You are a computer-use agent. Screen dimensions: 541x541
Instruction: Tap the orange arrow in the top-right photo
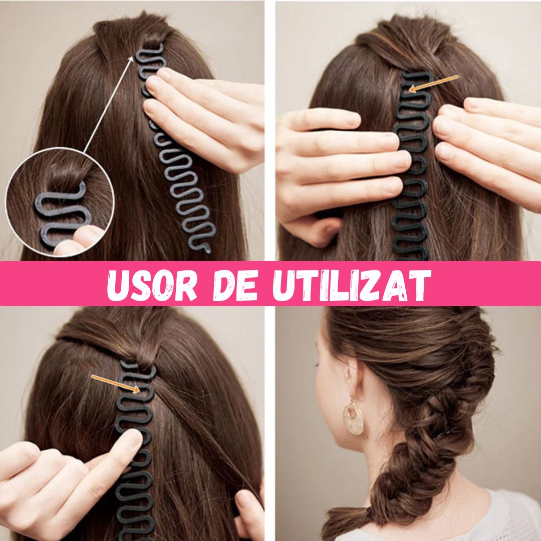433,83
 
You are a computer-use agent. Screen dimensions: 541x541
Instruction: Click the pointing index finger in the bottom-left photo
120,446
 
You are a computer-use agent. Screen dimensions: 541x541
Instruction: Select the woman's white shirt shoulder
506,516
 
